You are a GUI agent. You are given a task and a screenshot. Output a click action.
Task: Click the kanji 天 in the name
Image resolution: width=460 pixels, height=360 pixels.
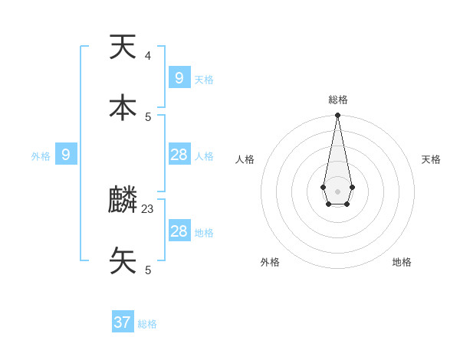pyautogui.click(x=123, y=47)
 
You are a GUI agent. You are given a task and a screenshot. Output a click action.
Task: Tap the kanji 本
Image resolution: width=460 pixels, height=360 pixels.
pyautogui.click(x=123, y=108)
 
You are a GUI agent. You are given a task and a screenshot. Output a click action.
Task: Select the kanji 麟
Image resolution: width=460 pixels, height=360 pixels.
pyautogui.click(x=123, y=200)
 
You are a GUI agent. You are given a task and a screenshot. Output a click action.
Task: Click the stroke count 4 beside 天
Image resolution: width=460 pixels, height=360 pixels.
pyautogui.click(x=148, y=55)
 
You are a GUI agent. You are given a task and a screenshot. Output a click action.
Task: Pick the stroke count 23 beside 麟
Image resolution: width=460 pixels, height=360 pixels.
pyautogui.click(x=148, y=208)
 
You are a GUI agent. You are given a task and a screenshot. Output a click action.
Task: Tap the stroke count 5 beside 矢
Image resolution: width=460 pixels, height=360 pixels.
pyautogui.click(x=148, y=270)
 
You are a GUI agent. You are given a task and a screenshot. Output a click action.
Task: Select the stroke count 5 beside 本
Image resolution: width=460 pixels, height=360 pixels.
pyautogui.click(x=148, y=116)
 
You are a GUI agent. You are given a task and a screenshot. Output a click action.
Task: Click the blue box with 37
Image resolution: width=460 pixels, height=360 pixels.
pyautogui.click(x=123, y=322)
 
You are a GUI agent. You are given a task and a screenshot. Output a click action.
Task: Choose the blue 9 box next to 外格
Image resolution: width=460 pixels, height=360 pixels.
pyautogui.click(x=66, y=155)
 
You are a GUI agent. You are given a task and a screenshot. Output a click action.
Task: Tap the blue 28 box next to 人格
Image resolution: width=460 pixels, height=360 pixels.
pyautogui.click(x=179, y=155)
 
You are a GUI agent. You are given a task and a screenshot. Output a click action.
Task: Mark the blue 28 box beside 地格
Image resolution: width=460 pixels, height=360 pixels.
pyautogui.click(x=179, y=231)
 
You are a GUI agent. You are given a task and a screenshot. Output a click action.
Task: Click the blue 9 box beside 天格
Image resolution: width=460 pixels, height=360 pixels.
pyautogui.click(x=179, y=78)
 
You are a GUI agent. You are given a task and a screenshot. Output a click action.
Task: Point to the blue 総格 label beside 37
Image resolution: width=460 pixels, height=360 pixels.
pyautogui.click(x=147, y=324)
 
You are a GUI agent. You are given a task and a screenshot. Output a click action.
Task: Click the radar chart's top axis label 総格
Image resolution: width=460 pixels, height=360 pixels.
pyautogui.click(x=337, y=100)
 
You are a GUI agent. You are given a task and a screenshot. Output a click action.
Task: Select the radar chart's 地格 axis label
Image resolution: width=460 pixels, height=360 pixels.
pyautogui.click(x=402, y=262)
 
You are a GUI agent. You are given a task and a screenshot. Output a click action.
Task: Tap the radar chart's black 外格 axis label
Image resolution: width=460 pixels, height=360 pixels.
pyautogui.click(x=270, y=262)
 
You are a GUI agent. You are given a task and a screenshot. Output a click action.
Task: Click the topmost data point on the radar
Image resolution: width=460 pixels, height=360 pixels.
pyautogui.click(x=337, y=115)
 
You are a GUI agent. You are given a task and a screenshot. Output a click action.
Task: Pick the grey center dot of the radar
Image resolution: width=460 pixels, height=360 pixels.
pyautogui.click(x=337, y=191)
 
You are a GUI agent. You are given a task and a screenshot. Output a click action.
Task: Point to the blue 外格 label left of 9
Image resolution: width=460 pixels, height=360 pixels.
pyautogui.click(x=41, y=156)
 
